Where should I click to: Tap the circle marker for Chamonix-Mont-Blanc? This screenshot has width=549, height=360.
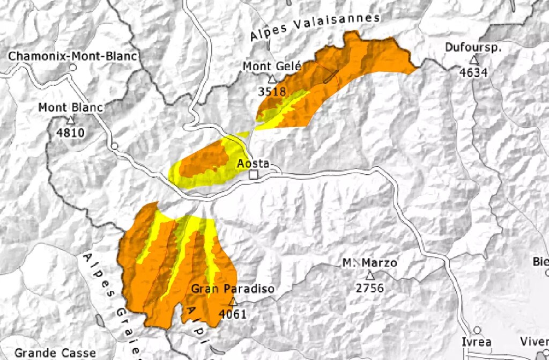point(73,68)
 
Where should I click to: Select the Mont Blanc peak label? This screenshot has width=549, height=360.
point(70,108)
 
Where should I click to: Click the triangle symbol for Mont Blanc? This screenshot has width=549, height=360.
point(70,120)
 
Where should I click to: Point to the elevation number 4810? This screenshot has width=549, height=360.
point(70,132)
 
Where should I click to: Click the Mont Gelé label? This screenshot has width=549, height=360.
point(272,66)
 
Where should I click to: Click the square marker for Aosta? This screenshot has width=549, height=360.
point(254,175)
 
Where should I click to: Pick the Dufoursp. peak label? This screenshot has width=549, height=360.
point(473,47)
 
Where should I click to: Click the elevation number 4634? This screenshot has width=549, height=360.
point(473,72)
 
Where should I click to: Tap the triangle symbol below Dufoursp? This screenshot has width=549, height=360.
point(473,60)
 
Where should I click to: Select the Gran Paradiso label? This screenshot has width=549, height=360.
point(233,289)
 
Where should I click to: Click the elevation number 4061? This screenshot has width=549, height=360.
point(233,314)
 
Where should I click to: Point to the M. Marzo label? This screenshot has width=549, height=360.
point(370,263)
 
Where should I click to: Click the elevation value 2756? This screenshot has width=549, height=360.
point(370,288)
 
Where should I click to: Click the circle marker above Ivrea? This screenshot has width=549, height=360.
point(477,330)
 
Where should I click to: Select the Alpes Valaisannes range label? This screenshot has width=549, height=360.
point(315,27)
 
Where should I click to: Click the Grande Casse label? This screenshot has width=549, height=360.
point(48,353)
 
